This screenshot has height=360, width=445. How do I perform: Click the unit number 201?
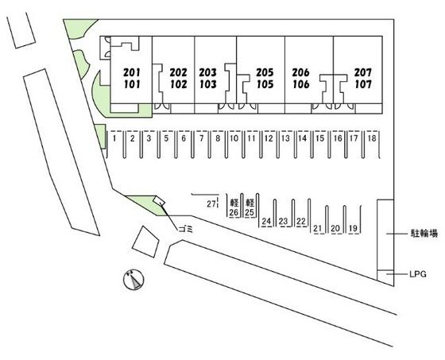pyautogui.click(x=132, y=72)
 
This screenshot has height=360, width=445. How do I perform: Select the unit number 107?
pyautogui.click(x=363, y=84)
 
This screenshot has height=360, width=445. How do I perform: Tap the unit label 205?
pyautogui.click(x=265, y=72)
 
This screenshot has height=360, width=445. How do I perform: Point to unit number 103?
pyautogui.click(x=208, y=84)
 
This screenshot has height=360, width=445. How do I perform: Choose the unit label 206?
pyautogui.click(x=301, y=72)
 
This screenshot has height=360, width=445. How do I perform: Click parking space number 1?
pyautogui.click(x=114, y=138)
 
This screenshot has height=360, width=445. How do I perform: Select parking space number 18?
pyautogui.click(x=372, y=138)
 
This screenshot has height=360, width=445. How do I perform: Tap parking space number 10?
pyautogui.click(x=234, y=138)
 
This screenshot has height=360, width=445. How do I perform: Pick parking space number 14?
pyautogui.click(x=303, y=138)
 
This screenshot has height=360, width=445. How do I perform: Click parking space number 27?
pyautogui.click(x=211, y=204)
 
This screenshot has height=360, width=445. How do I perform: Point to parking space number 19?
pyautogui.click(x=353, y=228)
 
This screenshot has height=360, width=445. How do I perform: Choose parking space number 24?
pyautogui.click(x=266, y=221)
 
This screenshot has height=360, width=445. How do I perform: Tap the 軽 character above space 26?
pyautogui.click(x=234, y=203)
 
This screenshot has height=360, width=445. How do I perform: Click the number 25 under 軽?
pyautogui.click(x=250, y=212)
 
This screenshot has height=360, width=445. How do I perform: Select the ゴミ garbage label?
pyautogui.click(x=186, y=229)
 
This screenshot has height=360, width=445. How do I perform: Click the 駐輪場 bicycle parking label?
pyautogui.click(x=424, y=234)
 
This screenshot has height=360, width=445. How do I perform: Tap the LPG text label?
pyautogui.click(x=418, y=274)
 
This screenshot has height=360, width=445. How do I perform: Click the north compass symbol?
pyautogui.click(x=133, y=280)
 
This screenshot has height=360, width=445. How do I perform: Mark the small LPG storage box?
pyautogui.click(x=385, y=277)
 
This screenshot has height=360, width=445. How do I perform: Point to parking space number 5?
pyautogui.click(x=166, y=138)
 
